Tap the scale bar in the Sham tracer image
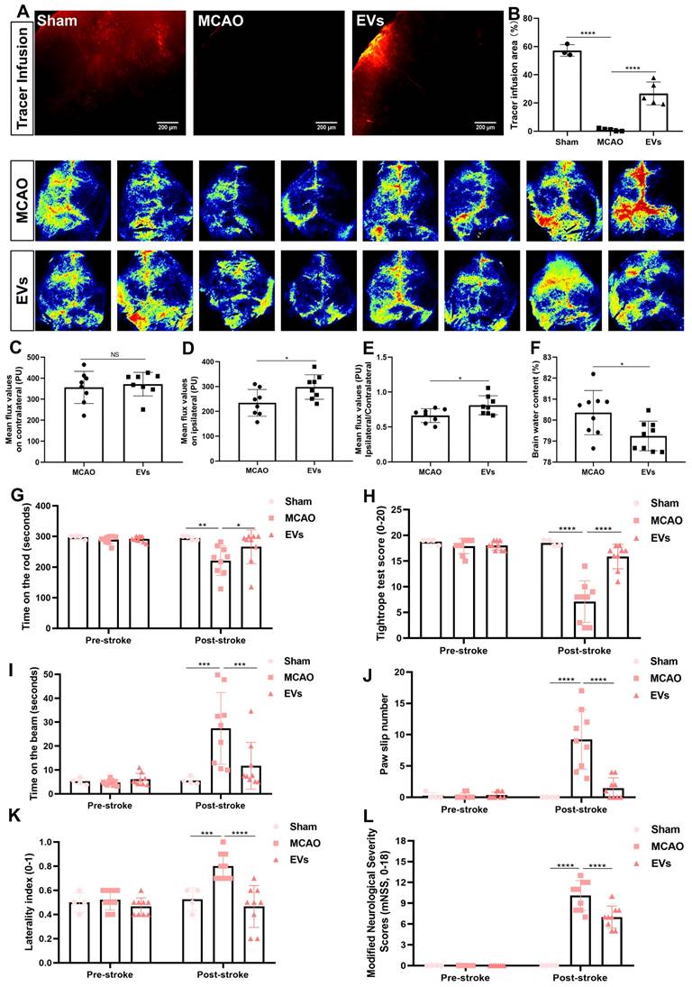pyautogui.click(x=168, y=122)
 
